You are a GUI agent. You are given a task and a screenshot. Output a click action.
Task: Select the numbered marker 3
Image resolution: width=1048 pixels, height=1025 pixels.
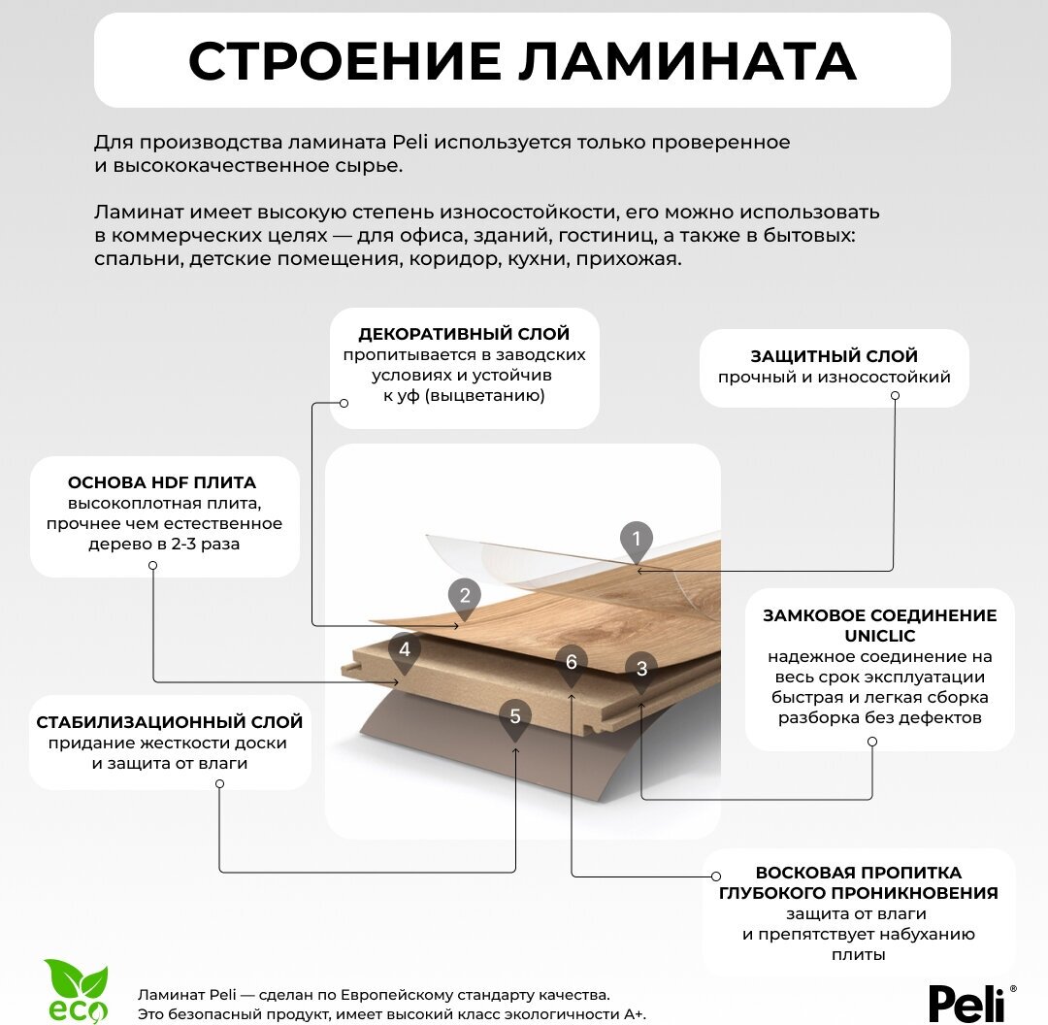coord(641,669)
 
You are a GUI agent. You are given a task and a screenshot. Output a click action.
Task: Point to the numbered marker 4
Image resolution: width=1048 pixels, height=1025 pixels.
coord(405,650)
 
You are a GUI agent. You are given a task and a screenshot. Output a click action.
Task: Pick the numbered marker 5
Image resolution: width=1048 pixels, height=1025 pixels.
coord(515,717)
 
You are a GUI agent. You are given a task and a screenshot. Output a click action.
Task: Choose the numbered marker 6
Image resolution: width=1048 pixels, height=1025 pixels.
coord(572,663)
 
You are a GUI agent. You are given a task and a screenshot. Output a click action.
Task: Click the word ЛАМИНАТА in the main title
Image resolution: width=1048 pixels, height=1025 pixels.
coord(687,61)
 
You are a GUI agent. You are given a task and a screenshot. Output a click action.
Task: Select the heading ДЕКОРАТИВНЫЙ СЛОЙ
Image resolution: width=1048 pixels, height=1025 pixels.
coord(464,335)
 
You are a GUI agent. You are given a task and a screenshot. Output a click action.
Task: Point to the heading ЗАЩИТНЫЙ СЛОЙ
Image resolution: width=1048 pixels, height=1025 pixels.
coord(835,356)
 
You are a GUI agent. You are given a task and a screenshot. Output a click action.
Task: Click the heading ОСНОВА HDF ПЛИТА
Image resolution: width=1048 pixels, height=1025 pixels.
coord(162,482)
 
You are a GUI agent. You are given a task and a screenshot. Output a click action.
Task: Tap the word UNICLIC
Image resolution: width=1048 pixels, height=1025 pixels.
coord(879,637)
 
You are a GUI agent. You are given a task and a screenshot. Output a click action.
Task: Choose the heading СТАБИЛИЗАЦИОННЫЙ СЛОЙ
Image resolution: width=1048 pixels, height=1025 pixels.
coord(170,722)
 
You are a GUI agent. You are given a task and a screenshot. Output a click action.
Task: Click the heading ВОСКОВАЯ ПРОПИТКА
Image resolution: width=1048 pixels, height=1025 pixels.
coord(859,873)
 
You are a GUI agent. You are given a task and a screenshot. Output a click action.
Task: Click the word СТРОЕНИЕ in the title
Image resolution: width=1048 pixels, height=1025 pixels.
coord(344,61)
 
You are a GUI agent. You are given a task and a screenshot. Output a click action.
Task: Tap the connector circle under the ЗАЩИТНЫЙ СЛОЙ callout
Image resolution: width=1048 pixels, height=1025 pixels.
coord(895,396)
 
